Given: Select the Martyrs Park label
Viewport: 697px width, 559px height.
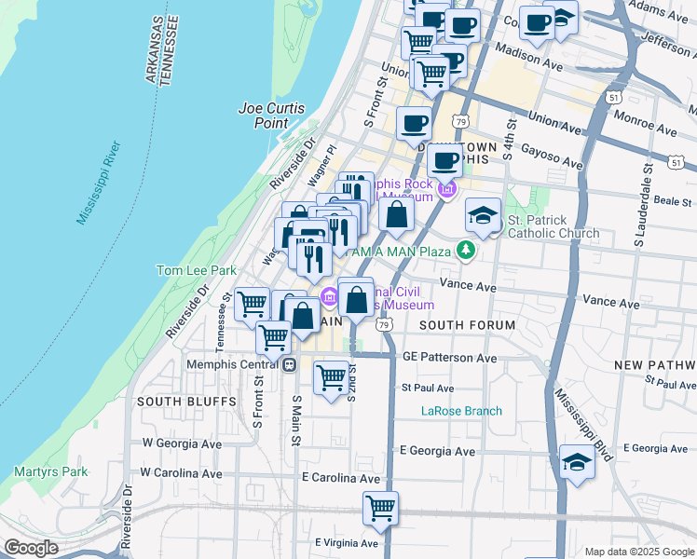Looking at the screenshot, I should (x=50, y=471).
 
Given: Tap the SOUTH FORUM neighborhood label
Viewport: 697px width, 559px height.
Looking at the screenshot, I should (x=467, y=325).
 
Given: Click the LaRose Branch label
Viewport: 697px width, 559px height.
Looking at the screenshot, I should (x=461, y=411).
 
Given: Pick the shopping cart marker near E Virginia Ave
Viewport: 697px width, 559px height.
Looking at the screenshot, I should (x=380, y=509).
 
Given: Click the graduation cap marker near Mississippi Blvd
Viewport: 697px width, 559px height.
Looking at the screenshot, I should (x=578, y=463).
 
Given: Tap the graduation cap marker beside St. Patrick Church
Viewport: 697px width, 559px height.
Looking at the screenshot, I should (x=484, y=216).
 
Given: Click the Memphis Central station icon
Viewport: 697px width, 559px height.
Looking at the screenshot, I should (x=290, y=364).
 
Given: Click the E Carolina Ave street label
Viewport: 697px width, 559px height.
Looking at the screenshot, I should (x=341, y=478).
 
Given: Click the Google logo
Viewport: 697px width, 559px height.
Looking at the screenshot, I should (x=31, y=547).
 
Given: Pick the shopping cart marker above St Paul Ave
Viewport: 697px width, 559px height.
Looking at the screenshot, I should (x=331, y=377).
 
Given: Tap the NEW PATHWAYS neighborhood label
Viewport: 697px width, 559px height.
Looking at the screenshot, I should (x=657, y=363).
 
